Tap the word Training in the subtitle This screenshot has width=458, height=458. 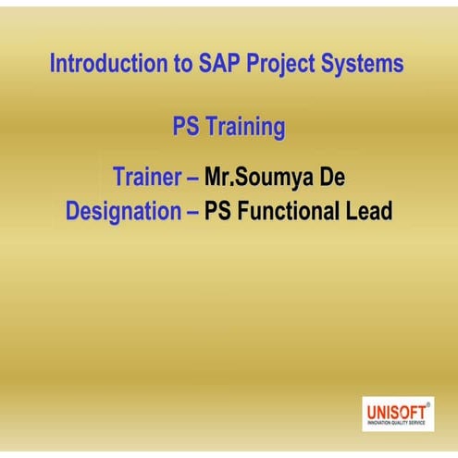[246, 128]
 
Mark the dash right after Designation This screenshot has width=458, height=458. [192, 212]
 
